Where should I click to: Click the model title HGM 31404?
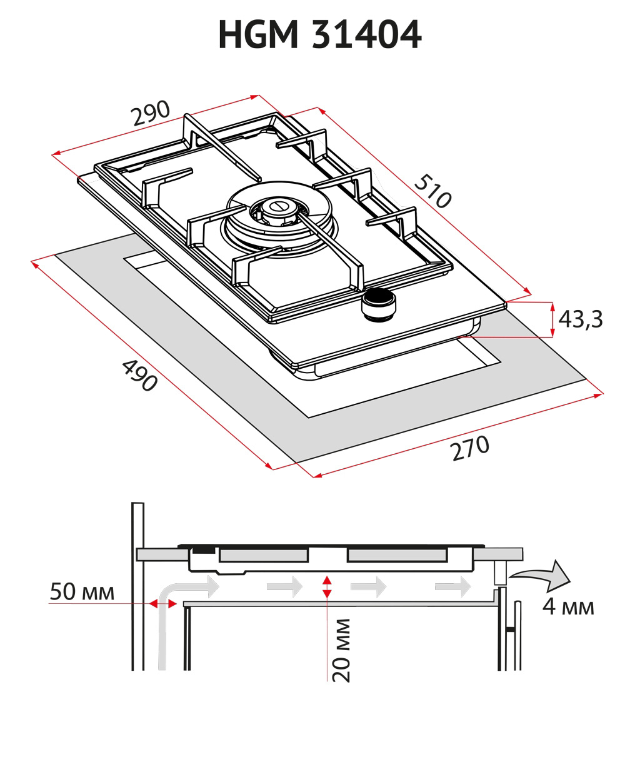(320, 35)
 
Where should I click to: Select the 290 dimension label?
(150, 114)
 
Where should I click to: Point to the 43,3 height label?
(580, 319)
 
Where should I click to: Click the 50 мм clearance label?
(82, 592)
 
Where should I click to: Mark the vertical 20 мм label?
(341, 650)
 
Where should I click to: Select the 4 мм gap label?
(567, 606)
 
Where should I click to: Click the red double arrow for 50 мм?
(161, 603)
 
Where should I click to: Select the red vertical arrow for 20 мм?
(326, 587)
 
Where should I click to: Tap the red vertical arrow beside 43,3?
(552, 319)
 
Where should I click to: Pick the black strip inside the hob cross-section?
(201, 551)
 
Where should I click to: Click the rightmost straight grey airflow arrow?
(452, 586)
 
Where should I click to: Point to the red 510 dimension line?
(425, 201)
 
